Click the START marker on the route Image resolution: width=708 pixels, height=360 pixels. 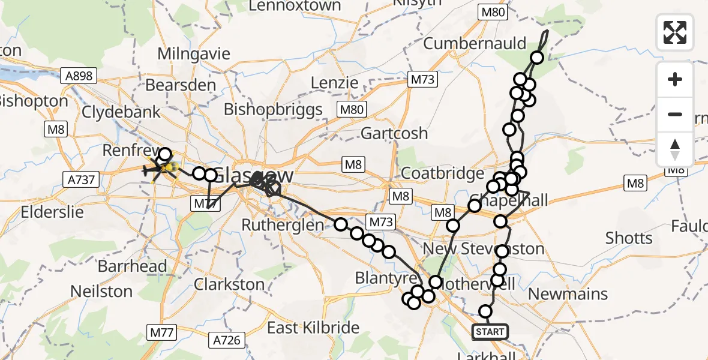[490, 332]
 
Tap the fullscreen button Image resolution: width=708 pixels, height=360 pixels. [675, 32]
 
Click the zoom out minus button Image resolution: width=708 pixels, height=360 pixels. [675, 114]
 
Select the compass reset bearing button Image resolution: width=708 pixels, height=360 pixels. [675, 149]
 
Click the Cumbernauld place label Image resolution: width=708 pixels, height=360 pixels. [475, 43]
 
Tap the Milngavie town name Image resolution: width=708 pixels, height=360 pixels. [194, 53]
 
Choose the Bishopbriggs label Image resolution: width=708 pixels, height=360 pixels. [273, 110]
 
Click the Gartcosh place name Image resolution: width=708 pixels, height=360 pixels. [394, 133]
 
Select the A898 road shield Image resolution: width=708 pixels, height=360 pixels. [79, 75]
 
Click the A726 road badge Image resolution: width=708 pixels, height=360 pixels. [226, 340]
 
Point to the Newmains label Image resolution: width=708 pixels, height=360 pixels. [568, 294]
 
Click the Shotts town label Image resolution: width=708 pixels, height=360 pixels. [629, 238]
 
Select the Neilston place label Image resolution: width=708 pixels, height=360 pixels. [101, 292]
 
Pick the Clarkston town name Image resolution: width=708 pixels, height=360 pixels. [229, 284]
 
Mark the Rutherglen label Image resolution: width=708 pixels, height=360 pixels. [283, 224]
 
